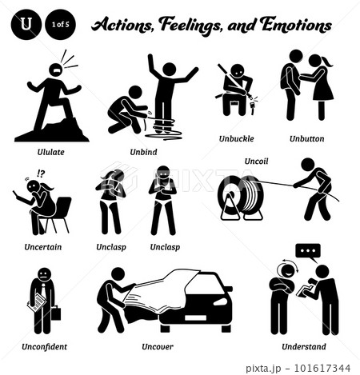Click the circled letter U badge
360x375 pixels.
(26, 25)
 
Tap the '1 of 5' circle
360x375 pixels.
(61, 25)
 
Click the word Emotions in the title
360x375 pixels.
(296, 25)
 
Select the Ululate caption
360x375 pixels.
(50, 152)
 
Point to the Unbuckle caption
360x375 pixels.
(236, 138)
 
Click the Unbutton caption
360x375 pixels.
(307, 138)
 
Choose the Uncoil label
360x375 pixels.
(256, 161)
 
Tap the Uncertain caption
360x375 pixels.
(43, 247)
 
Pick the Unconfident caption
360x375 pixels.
(44, 347)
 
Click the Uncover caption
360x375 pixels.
(158, 347)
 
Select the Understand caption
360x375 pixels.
(304, 346)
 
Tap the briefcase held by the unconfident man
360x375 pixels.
(56, 313)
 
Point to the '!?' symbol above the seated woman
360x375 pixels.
(41, 174)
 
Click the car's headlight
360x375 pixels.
(221, 301)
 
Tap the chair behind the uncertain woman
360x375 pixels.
(60, 214)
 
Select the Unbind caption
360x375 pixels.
(143, 152)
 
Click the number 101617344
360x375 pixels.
(322, 369)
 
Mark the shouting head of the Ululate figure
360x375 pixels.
(56, 70)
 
